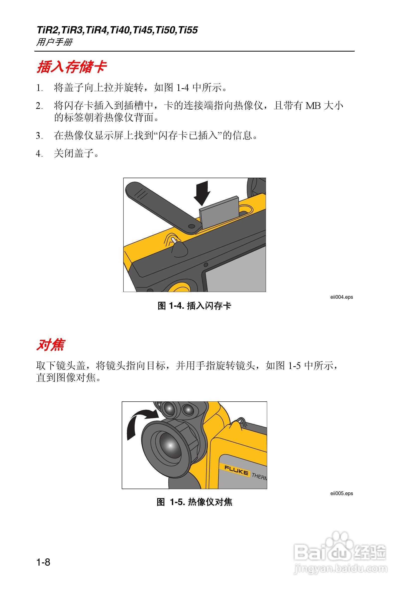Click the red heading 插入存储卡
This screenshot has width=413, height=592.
pyautogui.click(x=72, y=67)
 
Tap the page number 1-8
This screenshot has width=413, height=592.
pyautogui.click(x=43, y=562)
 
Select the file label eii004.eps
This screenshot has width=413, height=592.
pyautogui.click(x=341, y=297)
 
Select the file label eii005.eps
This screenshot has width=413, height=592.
pyautogui.click(x=341, y=494)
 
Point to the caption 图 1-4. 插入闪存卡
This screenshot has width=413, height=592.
pyautogui.click(x=194, y=306)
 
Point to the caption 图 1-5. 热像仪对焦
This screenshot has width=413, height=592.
pyautogui.click(x=194, y=502)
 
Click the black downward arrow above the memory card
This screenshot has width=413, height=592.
pyautogui.click(x=202, y=193)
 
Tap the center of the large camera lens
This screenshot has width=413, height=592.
pyautogui.click(x=170, y=445)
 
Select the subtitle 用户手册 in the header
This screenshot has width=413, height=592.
pyautogui.click(x=54, y=42)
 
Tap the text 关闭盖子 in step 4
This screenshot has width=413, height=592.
pyautogui.click(x=74, y=154)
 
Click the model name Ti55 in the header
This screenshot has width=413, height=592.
pyautogui.click(x=188, y=30)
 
